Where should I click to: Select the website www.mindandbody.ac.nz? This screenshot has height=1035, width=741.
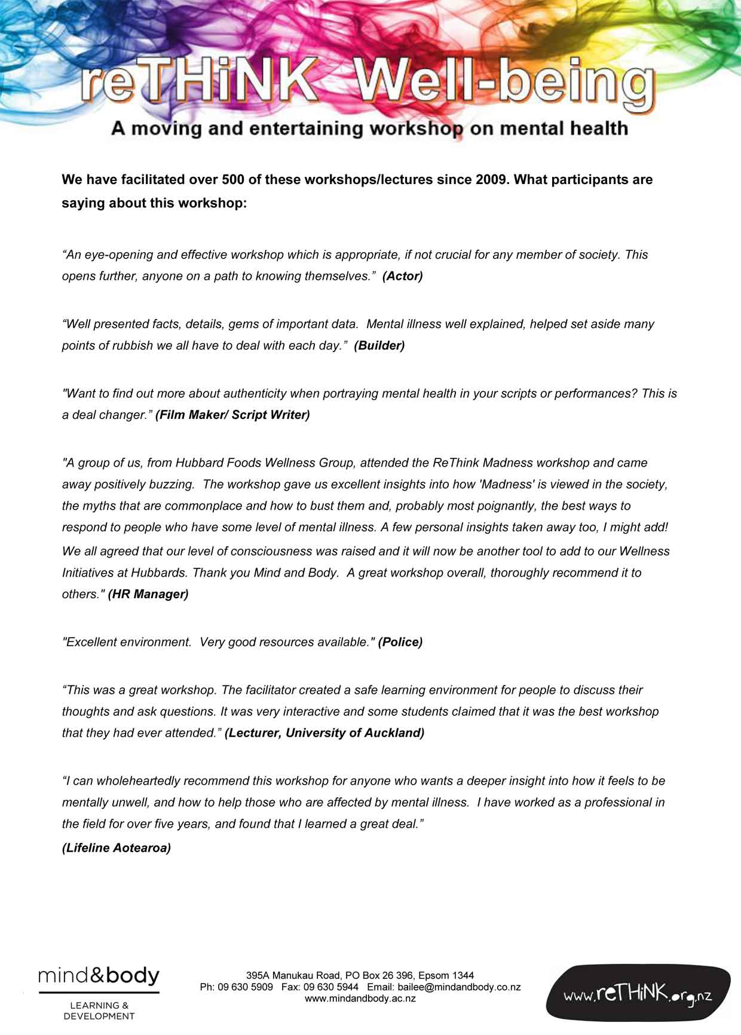pos(360,998)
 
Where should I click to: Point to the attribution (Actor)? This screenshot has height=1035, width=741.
pos(402,276)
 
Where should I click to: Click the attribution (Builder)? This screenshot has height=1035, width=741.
pos(379,345)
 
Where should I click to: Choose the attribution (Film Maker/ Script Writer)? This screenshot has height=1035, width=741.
pos(232,415)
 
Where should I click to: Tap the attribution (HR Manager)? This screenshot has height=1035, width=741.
pos(148,594)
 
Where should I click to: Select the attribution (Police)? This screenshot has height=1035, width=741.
pos(400,642)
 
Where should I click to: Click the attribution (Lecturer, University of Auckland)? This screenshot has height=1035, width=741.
pos(324,733)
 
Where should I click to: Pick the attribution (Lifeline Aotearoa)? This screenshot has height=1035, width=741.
pos(117,847)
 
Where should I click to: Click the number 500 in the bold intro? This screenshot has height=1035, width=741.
pos(233,179)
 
